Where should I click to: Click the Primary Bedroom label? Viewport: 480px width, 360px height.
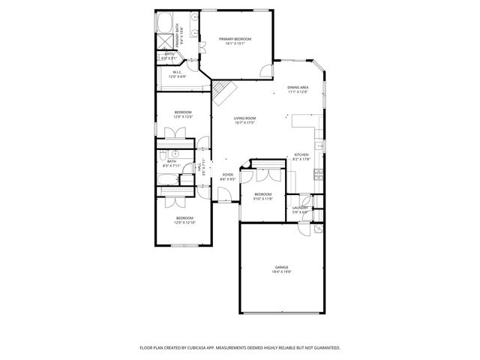pyautogui.click(x=235, y=38)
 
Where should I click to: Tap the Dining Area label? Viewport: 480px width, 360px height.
pyautogui.click(x=298, y=88)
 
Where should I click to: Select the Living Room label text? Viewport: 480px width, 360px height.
pyautogui.click(x=244, y=118)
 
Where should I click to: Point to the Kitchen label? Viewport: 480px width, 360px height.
pyautogui.click(x=301, y=155)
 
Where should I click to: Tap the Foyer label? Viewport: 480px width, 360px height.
pyautogui.click(x=227, y=175)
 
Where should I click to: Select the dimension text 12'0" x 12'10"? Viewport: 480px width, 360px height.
pyautogui.click(x=184, y=223)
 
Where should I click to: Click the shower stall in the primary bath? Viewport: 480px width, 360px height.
pyautogui.click(x=164, y=41)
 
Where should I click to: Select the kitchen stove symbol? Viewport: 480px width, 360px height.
pyautogui.click(x=318, y=174)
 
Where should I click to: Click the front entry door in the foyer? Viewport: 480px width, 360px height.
pyautogui.click(x=224, y=196)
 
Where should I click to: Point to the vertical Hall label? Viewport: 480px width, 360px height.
pyautogui.click(x=199, y=169)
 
